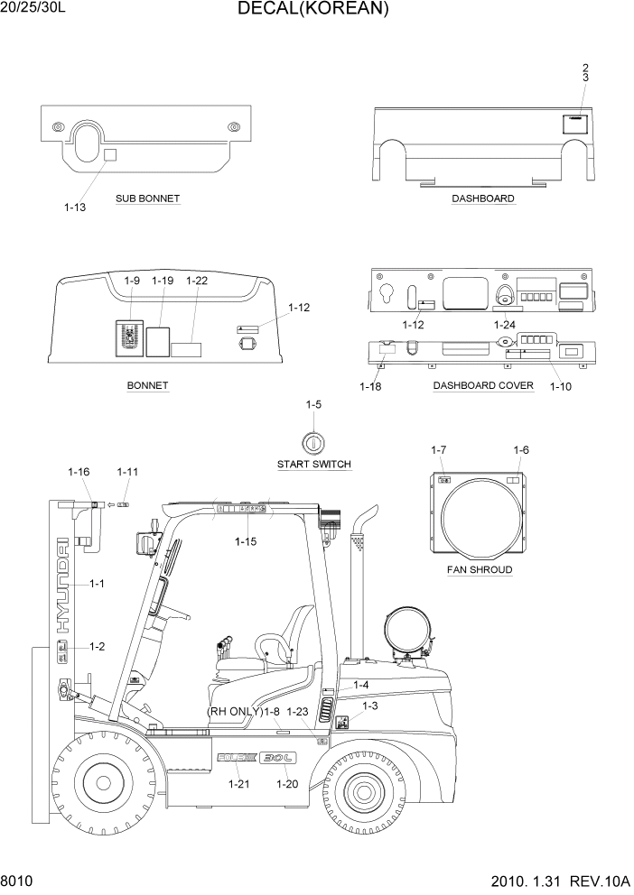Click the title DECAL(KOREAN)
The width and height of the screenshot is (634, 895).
[313, 10]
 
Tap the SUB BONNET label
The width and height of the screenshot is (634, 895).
[147, 198]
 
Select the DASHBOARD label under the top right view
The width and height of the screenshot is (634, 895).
[483, 198]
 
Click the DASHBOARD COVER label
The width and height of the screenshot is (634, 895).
[483, 385]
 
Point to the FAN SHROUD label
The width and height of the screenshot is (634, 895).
[480, 570]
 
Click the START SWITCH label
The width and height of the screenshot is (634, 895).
[313, 464]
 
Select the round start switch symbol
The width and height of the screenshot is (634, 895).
[312, 442]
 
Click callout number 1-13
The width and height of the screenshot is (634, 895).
[75, 208]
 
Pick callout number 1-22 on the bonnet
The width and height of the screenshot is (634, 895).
[197, 281]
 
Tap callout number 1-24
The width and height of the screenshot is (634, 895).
[505, 325]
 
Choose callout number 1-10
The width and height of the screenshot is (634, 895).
[560, 386]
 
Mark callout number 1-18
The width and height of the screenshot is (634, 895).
[370, 386]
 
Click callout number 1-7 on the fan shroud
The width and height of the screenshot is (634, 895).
[439, 450]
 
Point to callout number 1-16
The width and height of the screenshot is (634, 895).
[79, 472]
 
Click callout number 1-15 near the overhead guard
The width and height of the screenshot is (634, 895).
[246, 541]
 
